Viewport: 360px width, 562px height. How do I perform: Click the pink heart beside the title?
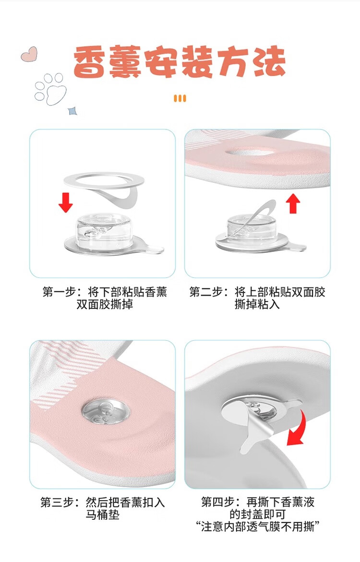click(x=29, y=54)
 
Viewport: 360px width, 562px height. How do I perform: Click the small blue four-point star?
click(x=73, y=111)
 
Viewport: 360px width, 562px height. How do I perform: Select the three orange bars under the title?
click(x=180, y=98)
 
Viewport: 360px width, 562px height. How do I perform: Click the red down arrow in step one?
click(x=66, y=203)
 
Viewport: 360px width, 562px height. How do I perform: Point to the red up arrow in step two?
click(x=293, y=203)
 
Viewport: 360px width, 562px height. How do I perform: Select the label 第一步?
click(x=59, y=292)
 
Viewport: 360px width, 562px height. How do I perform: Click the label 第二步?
click(x=206, y=292)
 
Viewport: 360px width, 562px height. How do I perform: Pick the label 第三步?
click(x=58, y=502)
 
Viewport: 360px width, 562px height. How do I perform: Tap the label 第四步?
click(x=218, y=502)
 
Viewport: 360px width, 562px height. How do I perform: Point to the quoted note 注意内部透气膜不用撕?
click(x=257, y=527)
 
